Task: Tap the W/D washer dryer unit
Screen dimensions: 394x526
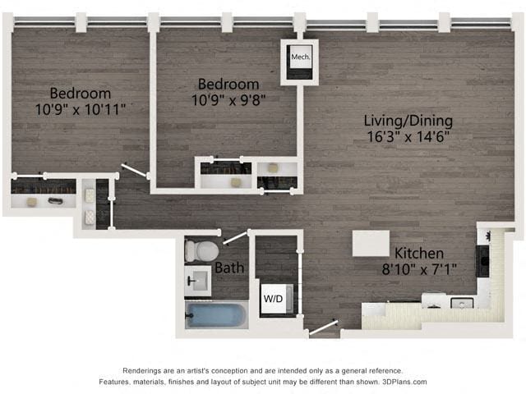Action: (272, 299)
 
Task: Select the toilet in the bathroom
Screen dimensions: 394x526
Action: (201, 250)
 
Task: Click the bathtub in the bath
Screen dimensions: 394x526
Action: (216, 315)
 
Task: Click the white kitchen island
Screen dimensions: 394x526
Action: (371, 243)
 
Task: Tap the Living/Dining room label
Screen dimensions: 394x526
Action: (408, 121)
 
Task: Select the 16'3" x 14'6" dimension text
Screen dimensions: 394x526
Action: (408, 136)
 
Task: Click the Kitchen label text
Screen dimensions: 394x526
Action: (418, 253)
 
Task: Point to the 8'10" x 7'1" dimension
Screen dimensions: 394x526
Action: (418, 268)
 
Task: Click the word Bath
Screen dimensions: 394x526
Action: (228, 268)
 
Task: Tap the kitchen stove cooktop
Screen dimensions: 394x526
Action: (486, 263)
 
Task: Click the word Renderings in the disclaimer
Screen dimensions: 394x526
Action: (145, 371)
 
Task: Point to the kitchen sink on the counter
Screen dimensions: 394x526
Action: (462, 303)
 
